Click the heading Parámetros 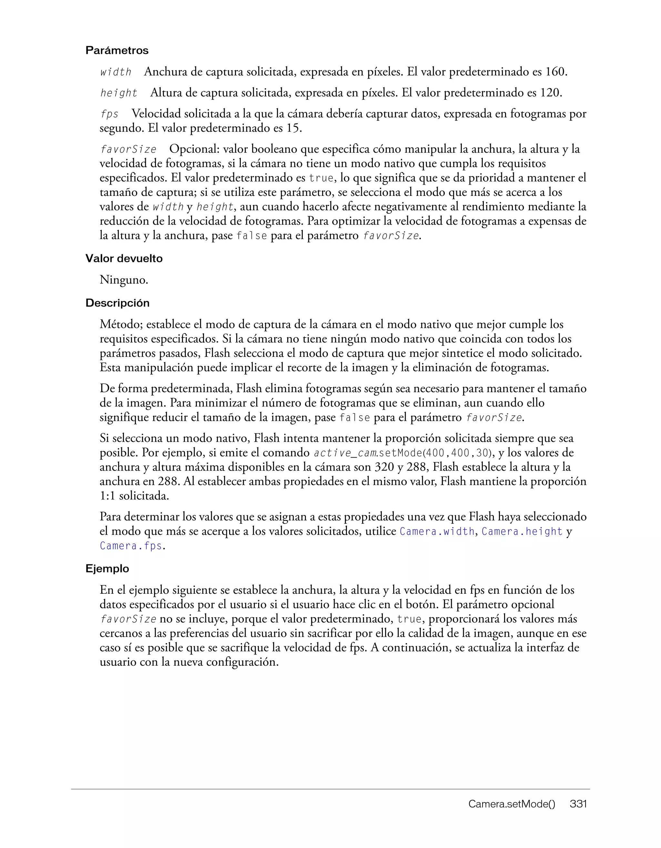(117, 50)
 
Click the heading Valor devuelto (124, 258)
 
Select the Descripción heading (117, 303)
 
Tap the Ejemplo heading (107, 569)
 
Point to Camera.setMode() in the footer (512, 804)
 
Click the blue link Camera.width (437, 531)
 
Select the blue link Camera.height (522, 531)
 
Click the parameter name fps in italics (109, 114)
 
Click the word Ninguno (124, 280)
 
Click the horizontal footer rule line (330, 789)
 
